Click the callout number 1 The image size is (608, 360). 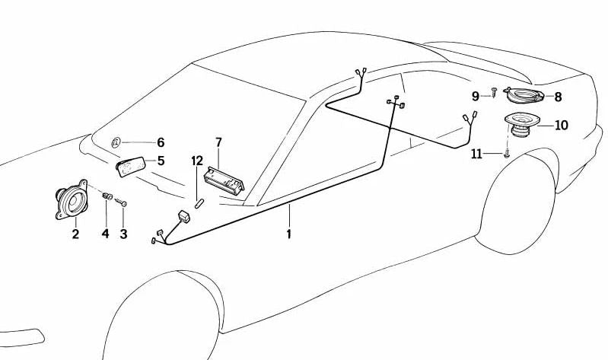coord(288,234)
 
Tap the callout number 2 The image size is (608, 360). coord(75,234)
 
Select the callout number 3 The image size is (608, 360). coord(123,234)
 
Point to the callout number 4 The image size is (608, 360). coord(106,234)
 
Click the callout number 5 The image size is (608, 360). coord(161,161)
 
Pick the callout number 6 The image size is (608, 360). coord(161,142)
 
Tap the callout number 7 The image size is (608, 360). coord(218,142)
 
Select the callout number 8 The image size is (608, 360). coord(558,97)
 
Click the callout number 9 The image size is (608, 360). coord(476,96)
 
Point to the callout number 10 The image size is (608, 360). coord(561,125)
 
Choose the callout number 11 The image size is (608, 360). coord(476,154)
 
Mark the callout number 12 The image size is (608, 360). coord(197,161)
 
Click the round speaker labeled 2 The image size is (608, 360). coord(72,200)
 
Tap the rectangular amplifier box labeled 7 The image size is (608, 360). coord(224,181)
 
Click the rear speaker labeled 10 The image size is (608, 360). coord(520,124)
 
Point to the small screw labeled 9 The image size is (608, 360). coord(494,92)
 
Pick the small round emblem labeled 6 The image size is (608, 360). coord(116,142)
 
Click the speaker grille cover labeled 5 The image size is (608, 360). coord(131,167)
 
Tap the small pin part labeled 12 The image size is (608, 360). coord(199,203)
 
